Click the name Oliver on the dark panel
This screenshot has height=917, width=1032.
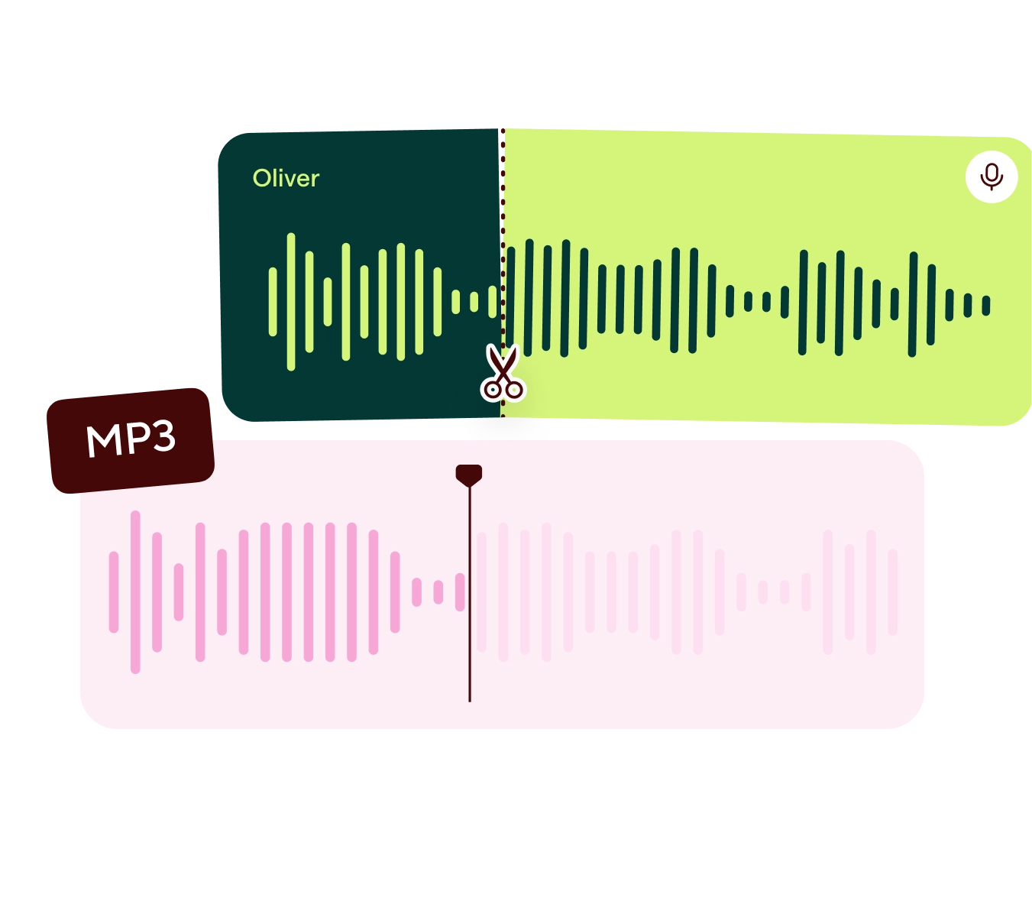[x=286, y=178]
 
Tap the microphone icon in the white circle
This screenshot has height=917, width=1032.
[x=992, y=177]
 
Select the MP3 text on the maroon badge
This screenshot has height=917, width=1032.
[x=131, y=439]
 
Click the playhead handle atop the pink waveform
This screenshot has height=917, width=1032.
[x=469, y=475]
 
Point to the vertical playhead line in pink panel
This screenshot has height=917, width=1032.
[x=469, y=611]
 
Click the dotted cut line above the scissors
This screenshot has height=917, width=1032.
[x=503, y=229]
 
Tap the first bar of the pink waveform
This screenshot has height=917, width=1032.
[x=114, y=592]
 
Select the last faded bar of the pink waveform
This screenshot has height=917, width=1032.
[x=892, y=592]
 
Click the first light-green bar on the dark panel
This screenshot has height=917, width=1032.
[x=273, y=302]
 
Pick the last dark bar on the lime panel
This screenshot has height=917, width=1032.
[x=986, y=306]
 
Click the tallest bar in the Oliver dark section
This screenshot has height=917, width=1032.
[x=291, y=302]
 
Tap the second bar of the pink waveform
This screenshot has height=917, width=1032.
[x=135, y=592]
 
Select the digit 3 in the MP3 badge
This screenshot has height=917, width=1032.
[x=162, y=437]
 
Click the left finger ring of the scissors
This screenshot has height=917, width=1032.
[x=491, y=390]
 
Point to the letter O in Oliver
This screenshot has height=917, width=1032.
[x=260, y=179]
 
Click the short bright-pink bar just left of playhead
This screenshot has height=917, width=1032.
[x=460, y=592]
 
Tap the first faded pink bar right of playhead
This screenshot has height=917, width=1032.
[x=481, y=592]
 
